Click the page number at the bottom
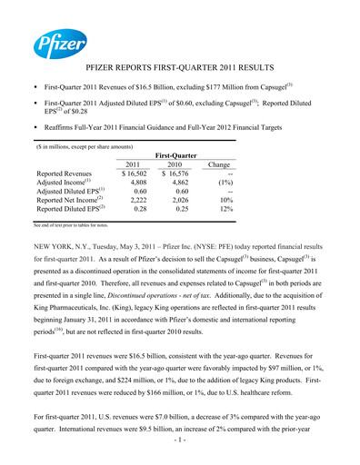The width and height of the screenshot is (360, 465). [180, 451]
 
